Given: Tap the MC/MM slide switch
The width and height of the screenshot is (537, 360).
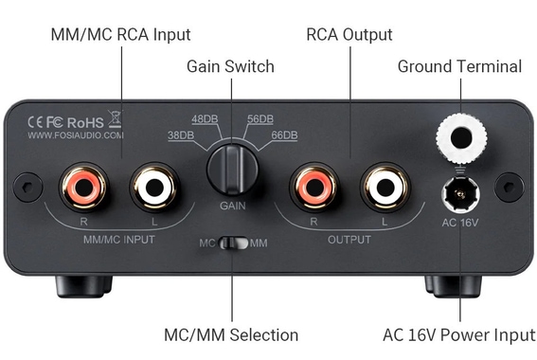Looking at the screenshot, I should coord(233,243).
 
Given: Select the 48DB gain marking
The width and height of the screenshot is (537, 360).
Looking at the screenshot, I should coord(205,119).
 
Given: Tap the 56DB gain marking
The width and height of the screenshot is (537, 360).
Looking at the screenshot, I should coord(260,119).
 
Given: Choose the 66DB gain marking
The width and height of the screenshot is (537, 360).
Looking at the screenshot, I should coord(284,135).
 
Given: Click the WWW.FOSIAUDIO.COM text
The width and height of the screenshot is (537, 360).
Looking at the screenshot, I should coord(76,135).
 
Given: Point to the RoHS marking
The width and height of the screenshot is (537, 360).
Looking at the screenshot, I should coord(85,120).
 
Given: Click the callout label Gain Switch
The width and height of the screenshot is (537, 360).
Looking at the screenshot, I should coord(230,66).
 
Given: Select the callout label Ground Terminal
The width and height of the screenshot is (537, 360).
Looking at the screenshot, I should coord(459,66).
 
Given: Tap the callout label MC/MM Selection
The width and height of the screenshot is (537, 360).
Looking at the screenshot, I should coord(233,334).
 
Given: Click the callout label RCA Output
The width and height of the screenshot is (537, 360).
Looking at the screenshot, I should coord(349,35).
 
